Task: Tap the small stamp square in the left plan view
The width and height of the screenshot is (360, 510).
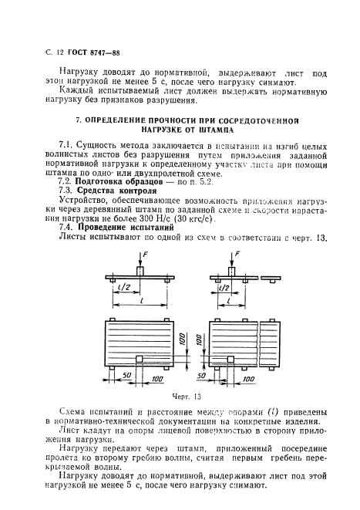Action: pyautogui.click(x=138, y=358)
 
